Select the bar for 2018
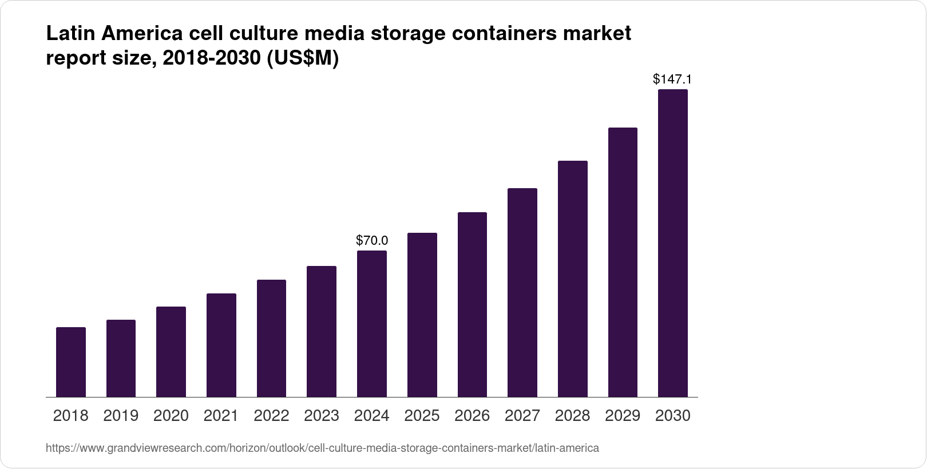(x=71, y=362)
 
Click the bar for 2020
(x=171, y=352)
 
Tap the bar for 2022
(x=271, y=338)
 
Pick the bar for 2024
(x=371, y=324)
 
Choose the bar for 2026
(x=472, y=304)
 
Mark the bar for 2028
(x=572, y=279)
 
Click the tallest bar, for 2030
(x=673, y=243)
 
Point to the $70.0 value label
(x=372, y=240)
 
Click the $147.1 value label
(x=672, y=79)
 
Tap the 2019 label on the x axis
(x=121, y=416)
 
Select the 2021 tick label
(x=221, y=416)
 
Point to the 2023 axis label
(x=322, y=416)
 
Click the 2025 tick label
(x=422, y=416)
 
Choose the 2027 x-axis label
(x=522, y=416)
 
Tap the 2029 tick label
(x=623, y=416)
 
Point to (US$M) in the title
(x=303, y=58)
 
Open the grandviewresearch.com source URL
(x=322, y=448)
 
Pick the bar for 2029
(x=623, y=262)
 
